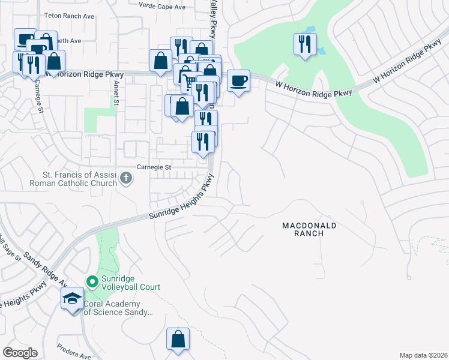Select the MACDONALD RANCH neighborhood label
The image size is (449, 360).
coord(309,229)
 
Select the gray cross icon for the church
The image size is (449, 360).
coord(126,178)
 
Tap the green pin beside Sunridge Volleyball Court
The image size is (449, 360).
coord(92,281)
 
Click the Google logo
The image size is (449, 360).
coord(20,353)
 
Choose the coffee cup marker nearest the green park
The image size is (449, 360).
coord(238,80)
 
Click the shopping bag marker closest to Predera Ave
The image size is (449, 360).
coord(178,339)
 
